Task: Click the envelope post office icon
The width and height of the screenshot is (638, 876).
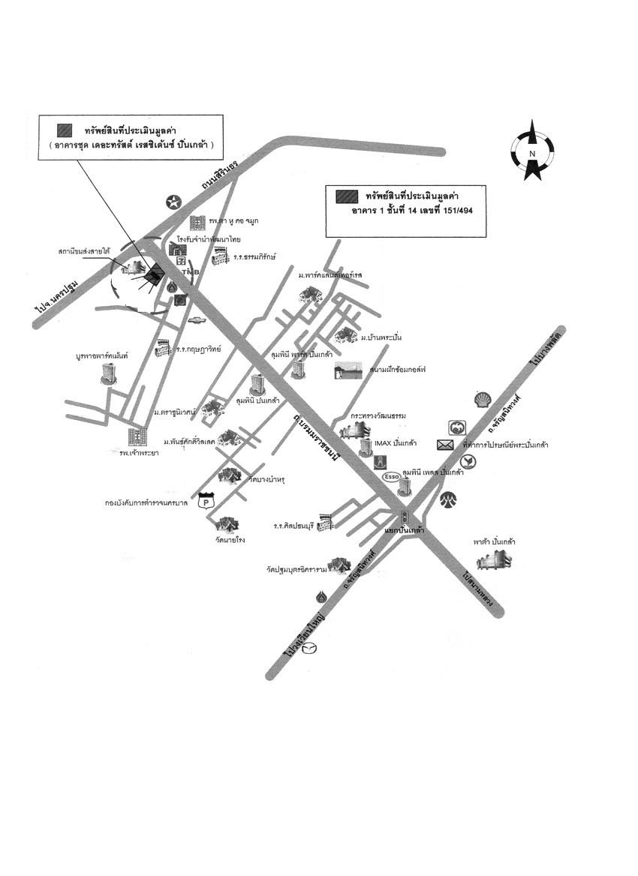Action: [445, 445]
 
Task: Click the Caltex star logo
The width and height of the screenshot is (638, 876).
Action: [174, 201]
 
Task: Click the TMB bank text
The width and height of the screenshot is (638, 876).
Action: [190, 272]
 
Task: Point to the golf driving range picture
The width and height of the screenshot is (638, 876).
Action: [348, 370]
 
